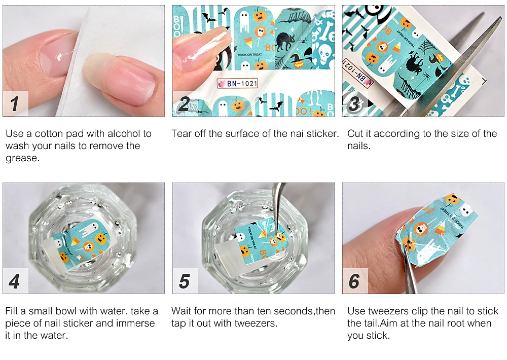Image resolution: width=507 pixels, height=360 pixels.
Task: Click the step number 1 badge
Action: click(16, 103)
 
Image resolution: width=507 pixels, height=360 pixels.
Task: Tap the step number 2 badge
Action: click(185, 103)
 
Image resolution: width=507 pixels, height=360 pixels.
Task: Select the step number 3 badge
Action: click(354, 103)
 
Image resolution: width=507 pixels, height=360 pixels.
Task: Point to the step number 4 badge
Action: click(16, 281)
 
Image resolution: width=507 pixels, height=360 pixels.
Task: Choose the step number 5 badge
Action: click(185, 281)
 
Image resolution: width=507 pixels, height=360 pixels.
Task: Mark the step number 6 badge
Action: click(355, 281)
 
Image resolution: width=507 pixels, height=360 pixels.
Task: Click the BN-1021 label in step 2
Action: click(238, 84)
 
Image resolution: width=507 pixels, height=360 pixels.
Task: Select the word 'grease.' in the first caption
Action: click(23, 159)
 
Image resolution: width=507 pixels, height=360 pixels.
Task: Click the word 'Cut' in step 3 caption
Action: click(355, 133)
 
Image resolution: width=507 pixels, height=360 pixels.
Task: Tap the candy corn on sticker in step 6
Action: click(439, 232)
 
